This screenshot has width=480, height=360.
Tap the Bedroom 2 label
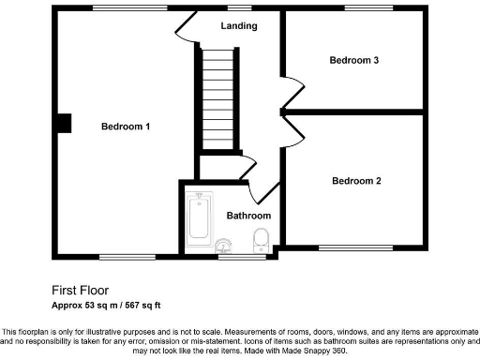coord(355,181)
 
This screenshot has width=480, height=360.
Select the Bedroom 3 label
coord(353,61)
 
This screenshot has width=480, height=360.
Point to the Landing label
coord(239,26)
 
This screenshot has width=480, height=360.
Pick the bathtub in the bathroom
coord(198,217)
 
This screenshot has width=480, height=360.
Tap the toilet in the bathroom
coord(262,240)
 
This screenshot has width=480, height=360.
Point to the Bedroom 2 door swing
coord(293,130)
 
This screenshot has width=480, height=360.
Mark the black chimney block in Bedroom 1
coord(63,125)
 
